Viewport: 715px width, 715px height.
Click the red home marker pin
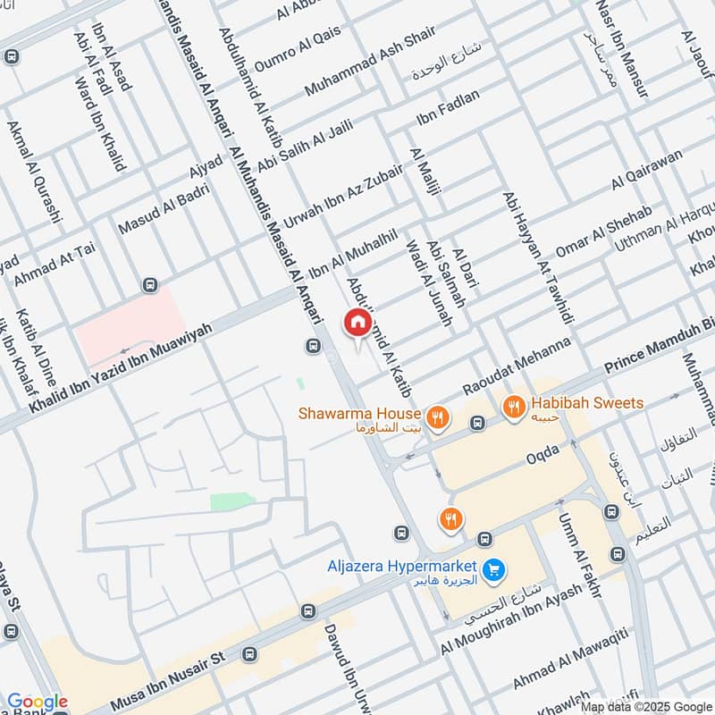[357, 323]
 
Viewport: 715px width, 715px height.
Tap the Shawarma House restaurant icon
[436, 415]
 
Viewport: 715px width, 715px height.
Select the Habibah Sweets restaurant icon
[514, 405]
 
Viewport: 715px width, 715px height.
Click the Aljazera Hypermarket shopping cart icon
[492, 568]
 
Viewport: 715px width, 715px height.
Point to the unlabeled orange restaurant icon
[450, 517]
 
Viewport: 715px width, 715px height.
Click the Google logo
[37, 702]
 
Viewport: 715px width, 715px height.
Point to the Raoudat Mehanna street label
[517, 367]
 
